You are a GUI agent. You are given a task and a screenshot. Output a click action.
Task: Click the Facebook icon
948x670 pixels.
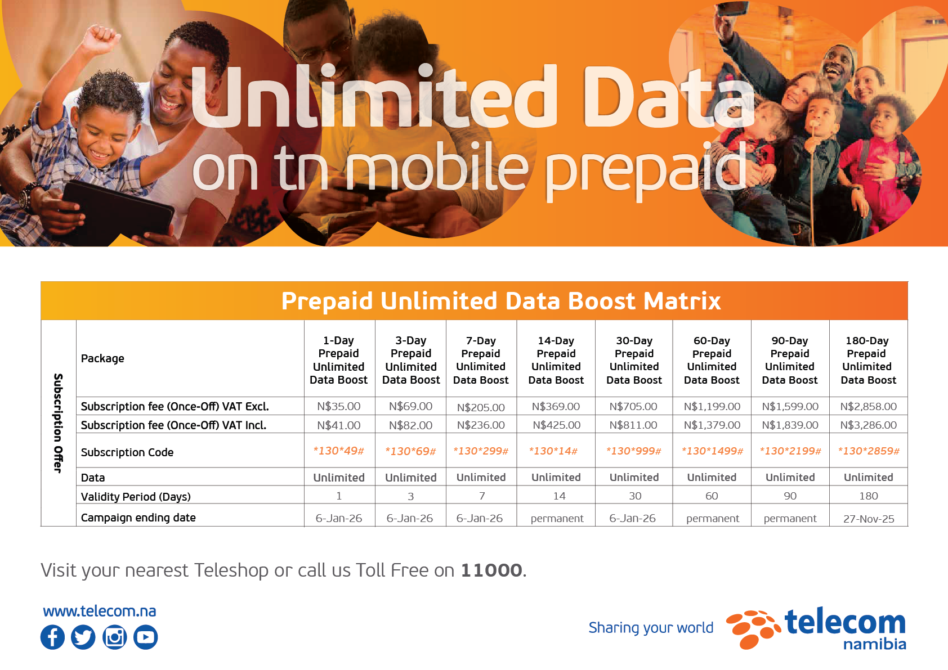(52, 637)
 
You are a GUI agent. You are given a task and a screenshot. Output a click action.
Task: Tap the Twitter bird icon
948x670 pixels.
(83, 637)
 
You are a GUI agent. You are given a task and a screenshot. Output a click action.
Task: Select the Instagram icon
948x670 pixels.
(114, 637)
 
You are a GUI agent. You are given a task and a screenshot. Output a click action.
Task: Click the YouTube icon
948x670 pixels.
(146, 637)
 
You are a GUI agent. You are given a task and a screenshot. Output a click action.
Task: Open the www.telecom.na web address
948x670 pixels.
(100, 611)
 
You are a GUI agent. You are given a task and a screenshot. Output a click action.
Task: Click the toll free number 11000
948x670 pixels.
(491, 570)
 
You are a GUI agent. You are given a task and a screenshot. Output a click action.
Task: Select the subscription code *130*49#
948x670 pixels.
(338, 451)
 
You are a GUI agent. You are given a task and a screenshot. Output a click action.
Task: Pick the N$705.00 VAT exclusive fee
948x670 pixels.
(633, 407)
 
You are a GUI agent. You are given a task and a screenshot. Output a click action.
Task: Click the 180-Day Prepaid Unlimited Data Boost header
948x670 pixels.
(868, 360)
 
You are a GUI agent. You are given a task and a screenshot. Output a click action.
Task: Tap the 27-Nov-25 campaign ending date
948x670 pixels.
(869, 519)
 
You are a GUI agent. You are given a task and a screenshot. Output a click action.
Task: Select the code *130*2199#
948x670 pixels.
(790, 451)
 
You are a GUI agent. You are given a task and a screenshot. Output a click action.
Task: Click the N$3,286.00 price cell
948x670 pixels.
(868, 425)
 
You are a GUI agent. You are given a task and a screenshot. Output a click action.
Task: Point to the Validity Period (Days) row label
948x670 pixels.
(136, 497)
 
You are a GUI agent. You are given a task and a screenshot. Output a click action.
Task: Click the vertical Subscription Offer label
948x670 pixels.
(58, 423)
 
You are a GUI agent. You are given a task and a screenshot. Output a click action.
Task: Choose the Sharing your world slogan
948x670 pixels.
(651, 628)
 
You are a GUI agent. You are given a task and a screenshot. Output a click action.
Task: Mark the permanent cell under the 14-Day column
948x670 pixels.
(557, 519)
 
